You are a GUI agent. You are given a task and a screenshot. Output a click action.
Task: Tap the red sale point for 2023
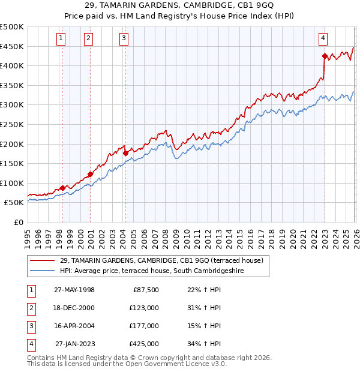325,56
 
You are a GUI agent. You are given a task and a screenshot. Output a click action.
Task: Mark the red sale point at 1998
62,188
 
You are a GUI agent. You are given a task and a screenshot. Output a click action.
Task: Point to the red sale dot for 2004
125,153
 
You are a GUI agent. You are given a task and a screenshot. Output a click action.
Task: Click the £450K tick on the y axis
12,46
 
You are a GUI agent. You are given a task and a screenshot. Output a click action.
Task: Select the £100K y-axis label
12,183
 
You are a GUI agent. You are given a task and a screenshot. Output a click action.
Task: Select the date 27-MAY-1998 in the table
74,290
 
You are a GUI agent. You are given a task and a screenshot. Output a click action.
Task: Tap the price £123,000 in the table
144,308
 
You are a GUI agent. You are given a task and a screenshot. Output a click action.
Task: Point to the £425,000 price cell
144,344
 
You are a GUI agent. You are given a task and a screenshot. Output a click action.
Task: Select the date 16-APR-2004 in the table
74,326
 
